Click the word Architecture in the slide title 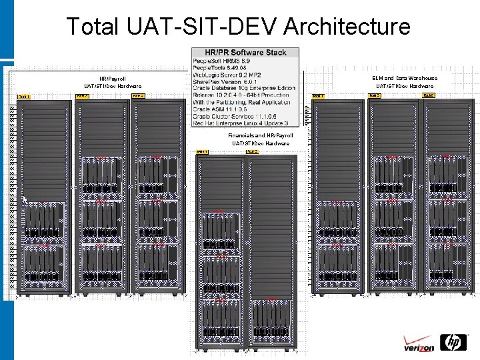[347, 27]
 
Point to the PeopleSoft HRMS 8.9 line [221, 61]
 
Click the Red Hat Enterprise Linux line [240, 123]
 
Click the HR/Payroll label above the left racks [112, 79]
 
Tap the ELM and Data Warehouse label [405, 78]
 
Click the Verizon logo [419, 345]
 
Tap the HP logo [455, 343]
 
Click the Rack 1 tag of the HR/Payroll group [24, 97]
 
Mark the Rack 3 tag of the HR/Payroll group [138, 96]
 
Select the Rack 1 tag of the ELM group [319, 96]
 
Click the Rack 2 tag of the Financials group [252, 151]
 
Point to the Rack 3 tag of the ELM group [430, 96]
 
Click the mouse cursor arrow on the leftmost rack [25, 199]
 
